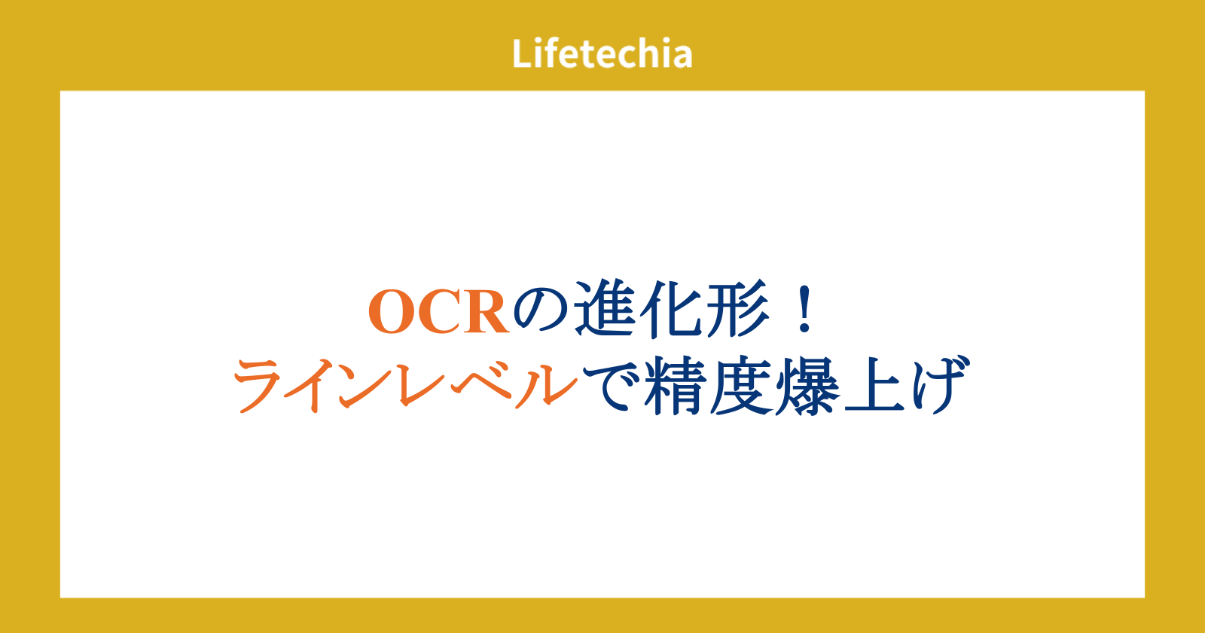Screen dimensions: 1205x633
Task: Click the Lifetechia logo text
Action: [x=602, y=54]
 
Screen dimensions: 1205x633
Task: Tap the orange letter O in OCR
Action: [x=391, y=312]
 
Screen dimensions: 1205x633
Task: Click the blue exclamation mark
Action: [x=805, y=309]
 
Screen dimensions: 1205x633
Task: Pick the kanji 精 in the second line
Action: [x=675, y=386]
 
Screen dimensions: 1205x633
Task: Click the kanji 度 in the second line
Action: [x=741, y=386]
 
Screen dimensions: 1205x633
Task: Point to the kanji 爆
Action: [x=807, y=386]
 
